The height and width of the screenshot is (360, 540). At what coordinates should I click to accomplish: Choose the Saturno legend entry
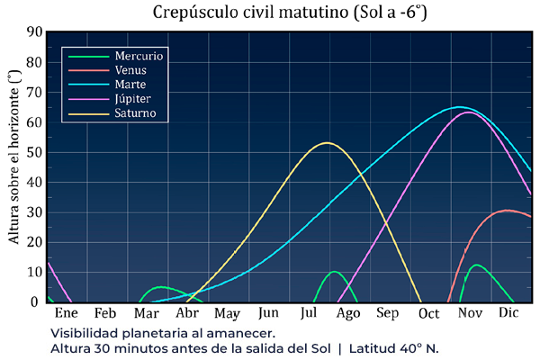pos(136,113)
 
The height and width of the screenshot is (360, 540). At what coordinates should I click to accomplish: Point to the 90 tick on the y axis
pos(34,32)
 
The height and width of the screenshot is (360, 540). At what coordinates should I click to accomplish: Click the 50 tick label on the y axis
pos(34,152)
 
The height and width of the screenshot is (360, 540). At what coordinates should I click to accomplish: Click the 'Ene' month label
pos(67,314)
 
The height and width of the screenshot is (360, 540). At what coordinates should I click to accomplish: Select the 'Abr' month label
pos(186,314)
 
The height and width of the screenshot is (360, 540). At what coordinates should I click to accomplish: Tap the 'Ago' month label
pos(348,314)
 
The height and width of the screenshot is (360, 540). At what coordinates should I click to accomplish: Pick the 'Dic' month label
pos(509,314)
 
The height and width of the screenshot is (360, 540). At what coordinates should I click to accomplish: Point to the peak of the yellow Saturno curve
pos(326,143)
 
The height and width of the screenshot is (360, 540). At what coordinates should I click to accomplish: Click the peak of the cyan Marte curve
pos(459,107)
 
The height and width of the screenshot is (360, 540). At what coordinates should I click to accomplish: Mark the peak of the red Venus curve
pos(508,211)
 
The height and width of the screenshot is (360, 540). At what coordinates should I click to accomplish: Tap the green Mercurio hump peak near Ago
pos(335,272)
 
